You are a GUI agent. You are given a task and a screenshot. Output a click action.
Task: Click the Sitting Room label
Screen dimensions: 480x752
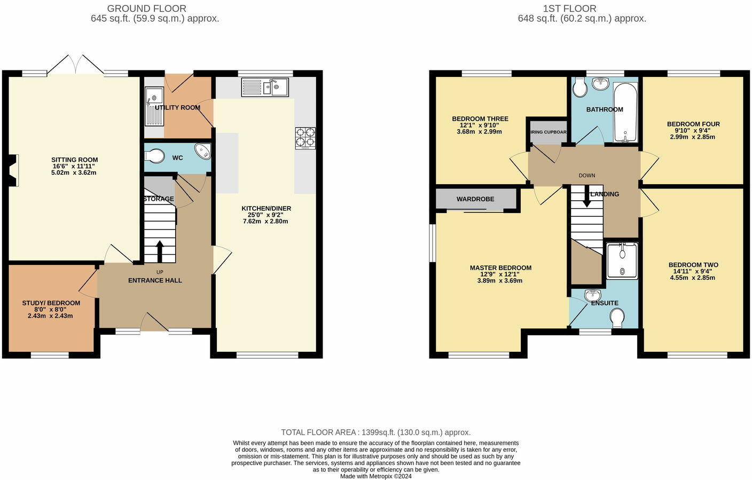(x=74, y=160)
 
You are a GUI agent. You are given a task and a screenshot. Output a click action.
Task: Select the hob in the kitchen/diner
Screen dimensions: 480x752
(x=305, y=138)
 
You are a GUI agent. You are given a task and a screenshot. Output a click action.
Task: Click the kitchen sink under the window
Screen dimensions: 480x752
(x=265, y=87)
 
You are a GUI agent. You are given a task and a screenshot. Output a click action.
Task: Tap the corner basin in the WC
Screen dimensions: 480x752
(x=203, y=151)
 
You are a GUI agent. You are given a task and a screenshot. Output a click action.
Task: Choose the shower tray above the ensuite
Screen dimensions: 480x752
(x=622, y=261)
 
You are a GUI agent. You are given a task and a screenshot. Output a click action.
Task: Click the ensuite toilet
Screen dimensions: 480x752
(x=617, y=319)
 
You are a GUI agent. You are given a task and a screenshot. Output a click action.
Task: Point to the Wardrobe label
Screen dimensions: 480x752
(x=475, y=199)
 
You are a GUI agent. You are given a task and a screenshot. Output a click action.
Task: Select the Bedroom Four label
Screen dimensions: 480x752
(x=693, y=124)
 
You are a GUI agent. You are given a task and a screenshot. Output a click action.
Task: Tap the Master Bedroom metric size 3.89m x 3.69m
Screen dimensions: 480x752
(x=500, y=280)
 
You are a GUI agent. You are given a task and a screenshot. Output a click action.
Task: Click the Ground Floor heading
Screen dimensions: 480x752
(x=147, y=9)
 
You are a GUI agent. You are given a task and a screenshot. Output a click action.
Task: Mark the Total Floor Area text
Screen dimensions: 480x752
(x=375, y=432)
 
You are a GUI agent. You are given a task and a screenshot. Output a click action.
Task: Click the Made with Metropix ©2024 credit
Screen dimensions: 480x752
(x=375, y=476)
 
